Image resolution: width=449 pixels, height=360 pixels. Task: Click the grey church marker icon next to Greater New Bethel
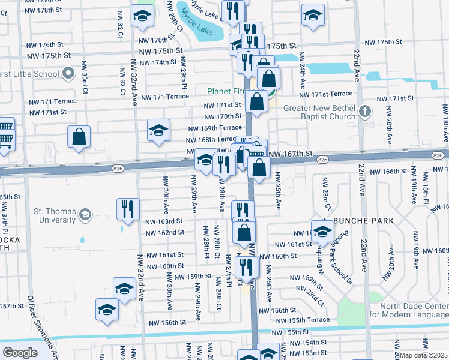(367, 112)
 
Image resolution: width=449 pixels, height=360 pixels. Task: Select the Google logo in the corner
(20, 353)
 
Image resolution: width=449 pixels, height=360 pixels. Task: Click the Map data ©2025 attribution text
(424, 355)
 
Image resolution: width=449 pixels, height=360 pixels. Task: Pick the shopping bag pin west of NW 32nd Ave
(79, 137)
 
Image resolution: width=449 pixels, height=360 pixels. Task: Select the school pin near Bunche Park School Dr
(322, 232)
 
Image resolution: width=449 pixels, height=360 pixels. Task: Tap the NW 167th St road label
(292, 154)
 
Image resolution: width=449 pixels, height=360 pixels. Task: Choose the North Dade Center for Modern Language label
(408, 311)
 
